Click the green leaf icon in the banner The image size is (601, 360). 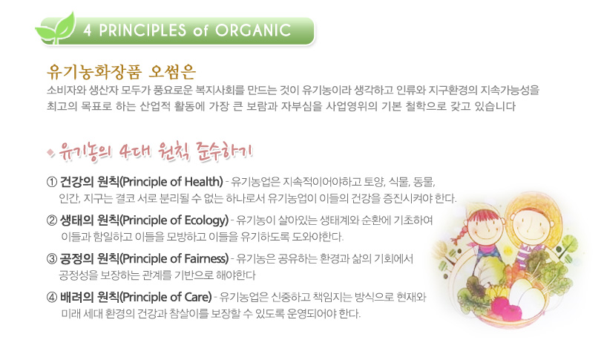point(56,28)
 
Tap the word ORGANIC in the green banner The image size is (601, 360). point(253,30)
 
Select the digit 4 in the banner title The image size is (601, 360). point(88,30)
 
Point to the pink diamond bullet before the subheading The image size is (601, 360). point(50,153)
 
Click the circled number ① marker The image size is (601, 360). point(52,182)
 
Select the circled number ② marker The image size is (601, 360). point(52,220)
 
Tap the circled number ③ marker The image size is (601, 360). point(52,259)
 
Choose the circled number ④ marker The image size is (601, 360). point(52,297)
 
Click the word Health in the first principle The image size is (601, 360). point(202,182)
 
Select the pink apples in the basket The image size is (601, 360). point(506,308)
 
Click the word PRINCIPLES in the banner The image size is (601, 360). point(142,30)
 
